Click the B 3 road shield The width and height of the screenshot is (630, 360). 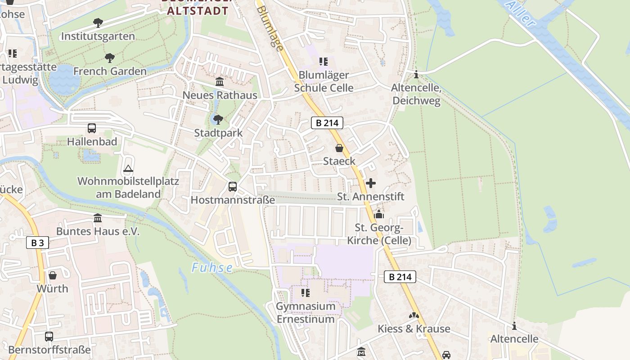pos(37,243)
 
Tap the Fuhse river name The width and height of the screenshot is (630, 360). pos(212,268)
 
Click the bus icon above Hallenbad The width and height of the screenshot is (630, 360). pos(92,128)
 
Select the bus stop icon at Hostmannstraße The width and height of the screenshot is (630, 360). pos(233,186)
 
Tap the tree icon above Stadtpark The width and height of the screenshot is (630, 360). pos(218,120)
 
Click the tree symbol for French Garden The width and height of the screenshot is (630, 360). pos(109,58)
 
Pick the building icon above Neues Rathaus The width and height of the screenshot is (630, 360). pos(220,82)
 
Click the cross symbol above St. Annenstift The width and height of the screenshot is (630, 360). pos(371,183)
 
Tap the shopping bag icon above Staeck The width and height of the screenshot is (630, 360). pos(339,148)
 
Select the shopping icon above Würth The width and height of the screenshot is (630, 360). pos(53,275)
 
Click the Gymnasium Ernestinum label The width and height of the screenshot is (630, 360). pos(306,313)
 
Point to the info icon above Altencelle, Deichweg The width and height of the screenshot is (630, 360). pos(416,75)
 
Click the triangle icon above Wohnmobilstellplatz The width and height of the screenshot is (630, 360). pos(128,169)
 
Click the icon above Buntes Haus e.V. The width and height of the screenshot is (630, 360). pos(98,218)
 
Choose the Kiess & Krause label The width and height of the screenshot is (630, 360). pos(414,329)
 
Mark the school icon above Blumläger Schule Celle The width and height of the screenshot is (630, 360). pos(324,62)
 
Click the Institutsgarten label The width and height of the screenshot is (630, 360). pos(98,36)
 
